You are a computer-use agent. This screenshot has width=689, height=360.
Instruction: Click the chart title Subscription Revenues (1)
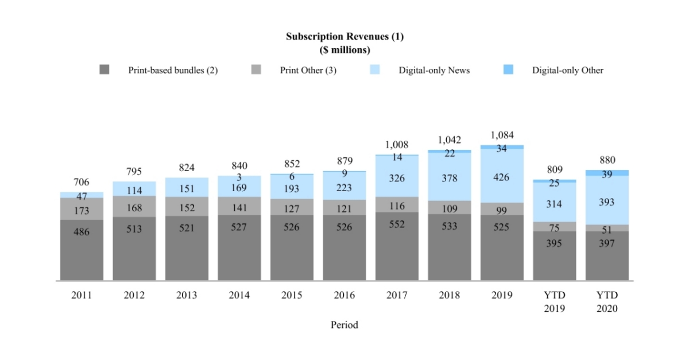tap(344, 37)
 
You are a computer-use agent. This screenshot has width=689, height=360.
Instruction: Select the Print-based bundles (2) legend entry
tap(172, 71)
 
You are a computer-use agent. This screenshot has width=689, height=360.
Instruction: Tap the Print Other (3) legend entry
tap(308, 71)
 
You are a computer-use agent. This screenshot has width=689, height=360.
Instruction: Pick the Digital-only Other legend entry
tap(567, 71)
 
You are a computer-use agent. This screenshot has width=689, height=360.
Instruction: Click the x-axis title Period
tap(344, 325)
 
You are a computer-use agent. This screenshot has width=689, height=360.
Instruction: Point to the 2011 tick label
tap(82, 295)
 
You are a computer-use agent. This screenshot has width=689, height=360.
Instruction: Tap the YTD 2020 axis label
tap(607, 301)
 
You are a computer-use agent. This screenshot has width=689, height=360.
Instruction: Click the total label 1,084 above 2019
tap(502, 136)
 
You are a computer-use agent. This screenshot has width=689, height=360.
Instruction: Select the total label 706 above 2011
tap(82, 182)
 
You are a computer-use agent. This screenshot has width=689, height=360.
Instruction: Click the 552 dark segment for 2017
tap(397, 224)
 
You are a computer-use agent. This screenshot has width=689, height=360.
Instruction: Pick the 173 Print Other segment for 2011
tap(82, 211)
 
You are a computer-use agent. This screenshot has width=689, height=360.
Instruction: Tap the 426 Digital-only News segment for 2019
tap(502, 178)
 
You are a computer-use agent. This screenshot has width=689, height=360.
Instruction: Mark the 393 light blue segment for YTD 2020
tap(607, 202)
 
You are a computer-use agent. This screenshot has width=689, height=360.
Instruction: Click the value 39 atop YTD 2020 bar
tap(607, 174)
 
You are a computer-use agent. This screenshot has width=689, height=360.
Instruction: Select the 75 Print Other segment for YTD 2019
tap(554, 227)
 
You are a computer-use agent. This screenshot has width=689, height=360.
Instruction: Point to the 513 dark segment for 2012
tap(134, 229)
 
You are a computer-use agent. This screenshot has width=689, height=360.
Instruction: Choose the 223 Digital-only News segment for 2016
tap(344, 188)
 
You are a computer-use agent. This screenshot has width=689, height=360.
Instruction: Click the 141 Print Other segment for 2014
tap(239, 208)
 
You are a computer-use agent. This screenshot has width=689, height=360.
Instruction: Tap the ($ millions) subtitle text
tap(344, 50)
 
